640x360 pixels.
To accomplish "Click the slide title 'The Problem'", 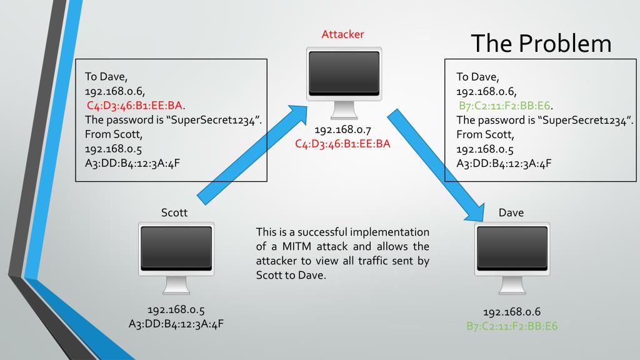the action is pyautogui.click(x=541, y=42).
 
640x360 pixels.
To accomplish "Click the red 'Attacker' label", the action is pyautogui.click(x=342, y=34).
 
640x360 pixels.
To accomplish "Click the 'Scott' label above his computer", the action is pyautogui.click(x=174, y=212).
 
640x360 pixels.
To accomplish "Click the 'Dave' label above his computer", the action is pyautogui.click(x=511, y=212).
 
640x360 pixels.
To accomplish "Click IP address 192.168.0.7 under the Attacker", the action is pyautogui.click(x=342, y=131).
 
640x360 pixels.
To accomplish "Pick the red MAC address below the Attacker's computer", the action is pyautogui.click(x=342, y=144).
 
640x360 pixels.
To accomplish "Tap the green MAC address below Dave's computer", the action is pyautogui.click(x=512, y=326).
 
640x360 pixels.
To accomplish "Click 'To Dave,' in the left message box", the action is pyautogui.click(x=106, y=77).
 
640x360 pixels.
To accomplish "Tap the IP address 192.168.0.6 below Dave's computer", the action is pyautogui.click(x=512, y=312).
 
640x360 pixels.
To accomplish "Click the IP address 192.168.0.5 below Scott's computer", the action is pyautogui.click(x=176, y=310).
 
